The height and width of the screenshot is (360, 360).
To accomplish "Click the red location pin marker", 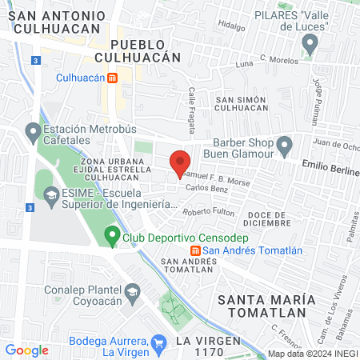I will pyautogui.click(x=181, y=163).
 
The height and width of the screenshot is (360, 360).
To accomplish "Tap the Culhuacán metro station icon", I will pyautogui.click(x=114, y=78).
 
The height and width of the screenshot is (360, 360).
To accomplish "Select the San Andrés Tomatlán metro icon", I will pyautogui.click(x=194, y=250).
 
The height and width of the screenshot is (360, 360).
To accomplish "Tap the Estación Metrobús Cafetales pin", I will pyautogui.click(x=33, y=130).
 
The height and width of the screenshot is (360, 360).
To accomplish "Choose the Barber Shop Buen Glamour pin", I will pyautogui.click(x=284, y=146).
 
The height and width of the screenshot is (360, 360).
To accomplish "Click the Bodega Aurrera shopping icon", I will pyautogui.click(x=158, y=342).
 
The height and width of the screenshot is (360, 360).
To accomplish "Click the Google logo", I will pyautogui.click(x=26, y=350).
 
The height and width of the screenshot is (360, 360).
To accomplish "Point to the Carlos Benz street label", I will pyautogui.click(x=202, y=188).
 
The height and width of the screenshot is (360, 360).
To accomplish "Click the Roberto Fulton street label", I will pyautogui.click(x=208, y=212).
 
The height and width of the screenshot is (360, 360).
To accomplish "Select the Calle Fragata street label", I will pyautogui.click(x=191, y=99).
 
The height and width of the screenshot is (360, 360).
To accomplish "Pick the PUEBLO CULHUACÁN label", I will pyautogui.click(x=138, y=50).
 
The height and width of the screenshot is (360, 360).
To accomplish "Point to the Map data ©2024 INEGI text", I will pyautogui.click(x=311, y=353).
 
